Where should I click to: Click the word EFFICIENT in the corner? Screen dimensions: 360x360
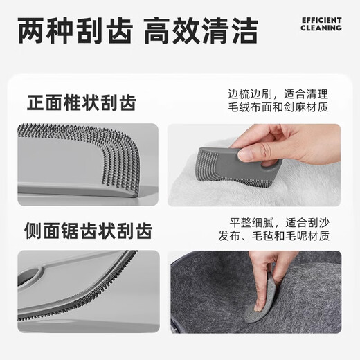[321, 20]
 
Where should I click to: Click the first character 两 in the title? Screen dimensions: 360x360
[32, 30]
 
